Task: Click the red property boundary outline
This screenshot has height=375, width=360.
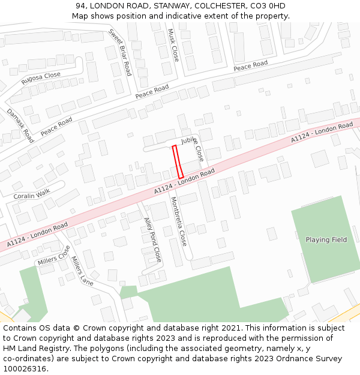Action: click(178, 161)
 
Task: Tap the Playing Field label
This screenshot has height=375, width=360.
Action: click(326, 240)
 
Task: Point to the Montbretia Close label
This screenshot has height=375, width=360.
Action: click(178, 221)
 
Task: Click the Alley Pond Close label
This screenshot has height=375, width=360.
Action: click(152, 239)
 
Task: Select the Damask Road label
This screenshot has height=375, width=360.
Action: click(20, 125)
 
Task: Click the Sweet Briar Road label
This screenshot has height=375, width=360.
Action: click(119, 52)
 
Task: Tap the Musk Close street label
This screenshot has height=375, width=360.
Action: click(173, 45)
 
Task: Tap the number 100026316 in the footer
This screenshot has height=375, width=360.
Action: click(25, 368)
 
